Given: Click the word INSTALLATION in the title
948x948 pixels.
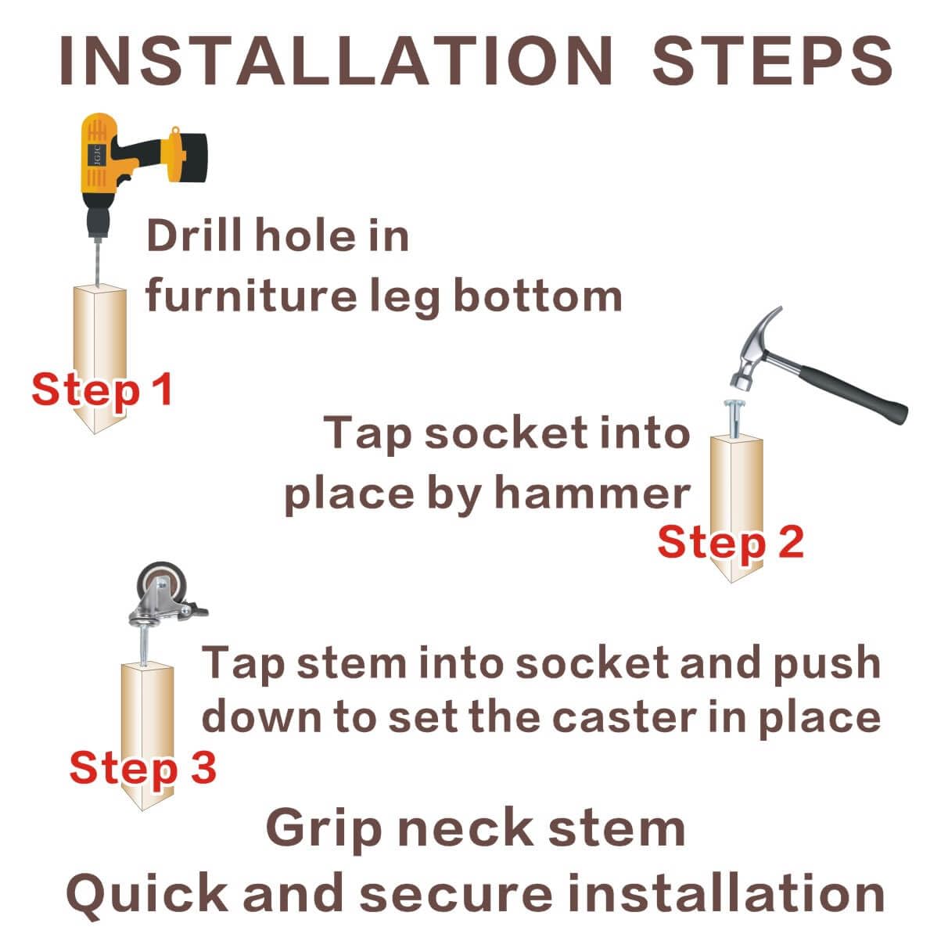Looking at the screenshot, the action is point(336,61).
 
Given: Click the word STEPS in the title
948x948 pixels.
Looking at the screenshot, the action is point(771,61).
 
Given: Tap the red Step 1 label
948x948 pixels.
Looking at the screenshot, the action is point(102,390).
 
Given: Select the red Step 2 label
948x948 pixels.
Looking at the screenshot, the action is point(731,542).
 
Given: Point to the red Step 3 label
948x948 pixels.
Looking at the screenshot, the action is point(143,767).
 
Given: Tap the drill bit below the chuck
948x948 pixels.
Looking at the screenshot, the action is point(99,262).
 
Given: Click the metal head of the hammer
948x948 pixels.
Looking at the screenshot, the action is point(754,350).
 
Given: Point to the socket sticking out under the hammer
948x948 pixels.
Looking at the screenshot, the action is point(734,418).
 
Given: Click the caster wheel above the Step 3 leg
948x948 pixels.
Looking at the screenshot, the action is point(160,581).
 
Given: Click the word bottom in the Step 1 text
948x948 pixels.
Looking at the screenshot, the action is point(538,296).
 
